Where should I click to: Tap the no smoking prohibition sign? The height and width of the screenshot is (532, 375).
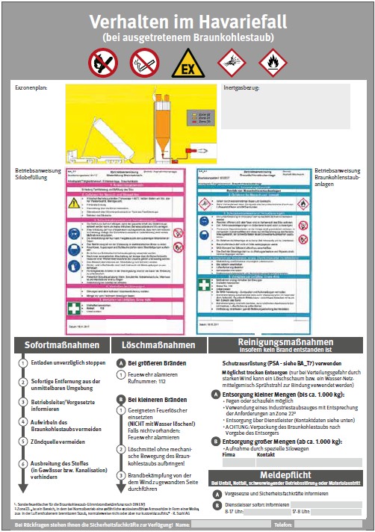[144, 64]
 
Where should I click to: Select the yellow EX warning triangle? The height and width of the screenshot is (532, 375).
[187, 64]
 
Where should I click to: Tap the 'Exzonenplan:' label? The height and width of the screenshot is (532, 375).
[30, 88]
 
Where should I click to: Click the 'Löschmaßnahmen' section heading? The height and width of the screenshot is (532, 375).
[158, 346]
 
